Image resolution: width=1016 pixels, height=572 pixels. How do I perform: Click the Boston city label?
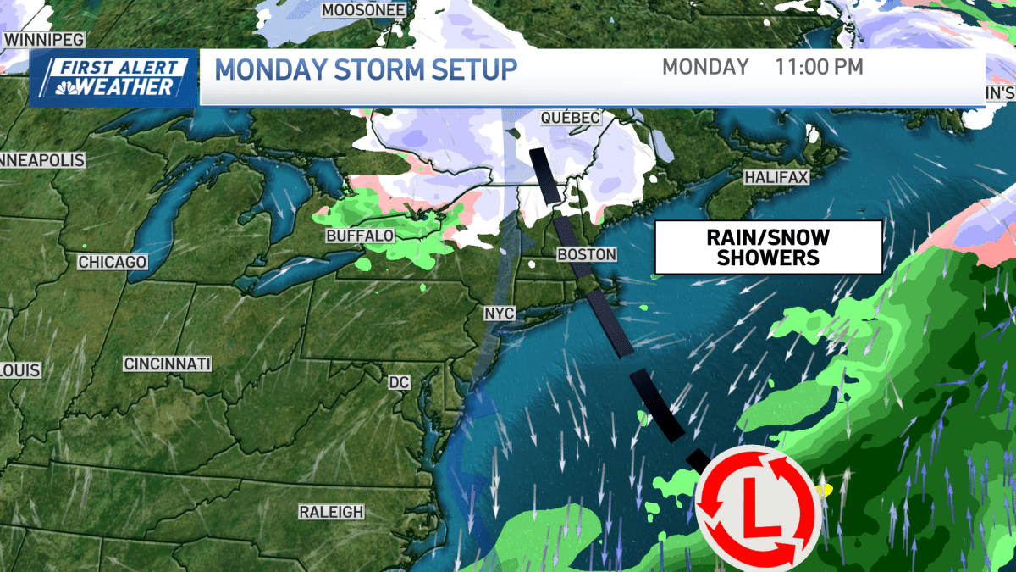[x=587, y=254]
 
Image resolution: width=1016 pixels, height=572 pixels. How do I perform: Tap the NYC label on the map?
[x=500, y=314]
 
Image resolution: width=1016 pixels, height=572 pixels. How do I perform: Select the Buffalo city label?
[x=360, y=235]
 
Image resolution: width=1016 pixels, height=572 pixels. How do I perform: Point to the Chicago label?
[x=113, y=263]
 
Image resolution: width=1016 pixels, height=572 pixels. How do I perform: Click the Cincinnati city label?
[x=167, y=364]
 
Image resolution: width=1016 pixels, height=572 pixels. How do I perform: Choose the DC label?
[x=399, y=383]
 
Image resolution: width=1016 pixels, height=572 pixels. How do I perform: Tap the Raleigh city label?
[x=331, y=512]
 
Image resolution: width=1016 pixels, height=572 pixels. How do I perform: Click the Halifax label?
[x=776, y=178]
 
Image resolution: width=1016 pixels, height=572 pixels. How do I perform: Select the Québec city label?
[x=571, y=118]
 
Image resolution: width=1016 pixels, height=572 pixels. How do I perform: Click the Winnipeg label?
[x=36, y=40]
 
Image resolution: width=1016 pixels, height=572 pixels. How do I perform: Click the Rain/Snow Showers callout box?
[x=768, y=247]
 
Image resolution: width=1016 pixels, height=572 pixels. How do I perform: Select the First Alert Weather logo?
[x=113, y=78]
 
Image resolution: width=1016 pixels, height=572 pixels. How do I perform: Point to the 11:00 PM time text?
[x=819, y=67]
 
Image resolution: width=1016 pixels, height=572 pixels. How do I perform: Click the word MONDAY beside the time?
[x=705, y=67]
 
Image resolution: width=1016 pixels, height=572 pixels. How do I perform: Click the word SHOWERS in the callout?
[x=768, y=258]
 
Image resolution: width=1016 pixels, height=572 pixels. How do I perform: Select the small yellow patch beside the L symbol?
[x=824, y=490]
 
